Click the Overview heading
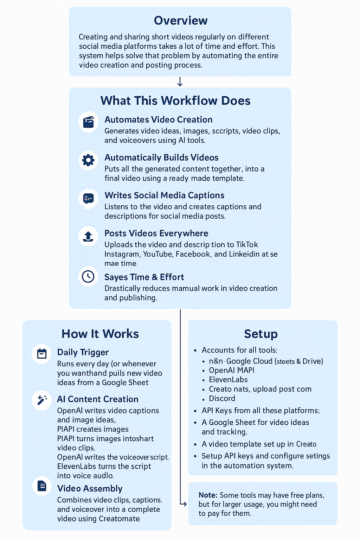point(181,21)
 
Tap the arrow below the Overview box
point(180,82)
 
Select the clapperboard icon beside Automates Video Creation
point(88,122)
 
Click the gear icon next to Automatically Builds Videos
point(88,160)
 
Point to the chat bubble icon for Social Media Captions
point(88,199)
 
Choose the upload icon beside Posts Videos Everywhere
point(88,236)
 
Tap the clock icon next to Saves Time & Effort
point(88,277)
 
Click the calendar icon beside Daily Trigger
point(42,354)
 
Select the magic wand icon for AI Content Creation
point(42,400)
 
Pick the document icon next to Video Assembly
point(42,486)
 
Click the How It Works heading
point(100,334)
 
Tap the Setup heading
point(261,334)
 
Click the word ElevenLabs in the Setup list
point(228,380)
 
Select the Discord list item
point(222,398)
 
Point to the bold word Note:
point(208,495)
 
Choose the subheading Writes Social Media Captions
point(164,195)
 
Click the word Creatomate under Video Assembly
point(119,519)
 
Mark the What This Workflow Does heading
point(175,101)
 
